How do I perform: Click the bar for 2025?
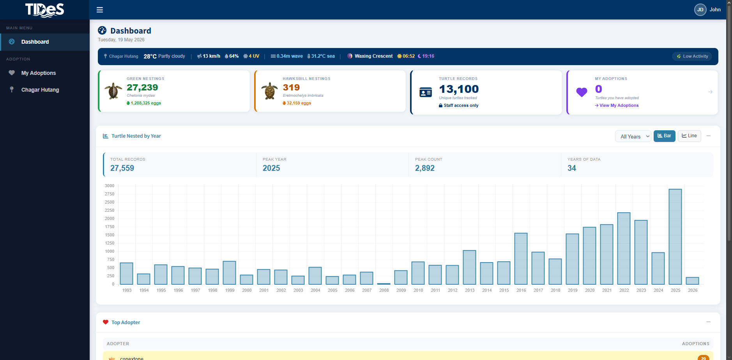pos(675,237)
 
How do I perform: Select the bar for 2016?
pos(521,259)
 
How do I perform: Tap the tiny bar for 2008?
pos(384,284)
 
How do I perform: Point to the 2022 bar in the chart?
pos(624,248)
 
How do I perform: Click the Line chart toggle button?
pos(689,136)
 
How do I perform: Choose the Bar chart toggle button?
pos(664,136)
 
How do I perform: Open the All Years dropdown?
pos(633,136)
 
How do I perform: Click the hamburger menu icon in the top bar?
pos(100,10)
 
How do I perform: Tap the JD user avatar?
pos(700,10)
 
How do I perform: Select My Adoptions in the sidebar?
pos(38,73)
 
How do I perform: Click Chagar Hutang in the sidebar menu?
pos(40,90)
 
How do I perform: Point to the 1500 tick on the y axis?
pos(110,235)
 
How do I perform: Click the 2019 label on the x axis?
pos(573,290)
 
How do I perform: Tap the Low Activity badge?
pos(692,56)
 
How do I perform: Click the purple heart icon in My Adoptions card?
pos(582,92)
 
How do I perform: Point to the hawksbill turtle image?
pos(269,91)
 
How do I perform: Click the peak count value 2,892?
pos(425,168)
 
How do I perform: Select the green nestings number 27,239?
pos(142,87)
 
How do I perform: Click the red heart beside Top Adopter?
pos(106,322)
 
